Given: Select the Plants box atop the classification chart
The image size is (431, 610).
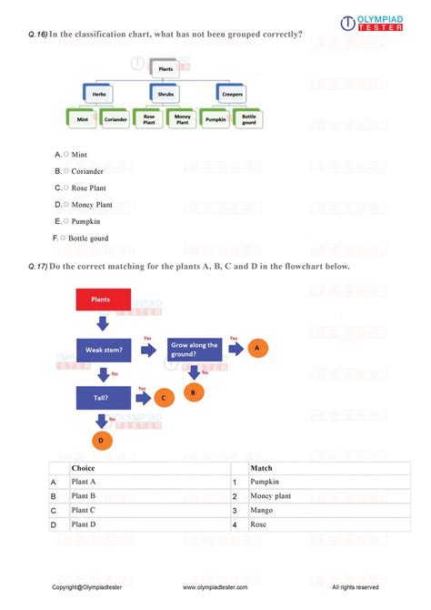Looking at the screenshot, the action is pos(165,68).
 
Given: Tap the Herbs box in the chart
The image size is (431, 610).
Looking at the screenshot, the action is pos(98,93).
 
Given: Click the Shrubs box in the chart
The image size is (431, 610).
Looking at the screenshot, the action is pos(165,93).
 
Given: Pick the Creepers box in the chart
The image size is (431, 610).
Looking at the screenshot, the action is pos(231,93).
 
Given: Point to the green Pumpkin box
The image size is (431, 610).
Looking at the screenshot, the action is pos(215,118).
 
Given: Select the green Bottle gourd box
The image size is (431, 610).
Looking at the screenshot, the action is pos(248,118).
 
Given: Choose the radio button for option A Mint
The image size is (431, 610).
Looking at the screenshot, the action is pos(66,155).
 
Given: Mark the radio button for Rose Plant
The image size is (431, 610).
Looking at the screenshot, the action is pos(66,188).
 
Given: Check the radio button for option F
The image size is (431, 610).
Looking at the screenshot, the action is pos(66,238).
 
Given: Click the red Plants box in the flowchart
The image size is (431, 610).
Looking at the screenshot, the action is pos(99,299).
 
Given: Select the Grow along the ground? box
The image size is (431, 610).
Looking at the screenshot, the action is pos(193,350).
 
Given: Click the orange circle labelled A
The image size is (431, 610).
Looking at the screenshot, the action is pos(258,348).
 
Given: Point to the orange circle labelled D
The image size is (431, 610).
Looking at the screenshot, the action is pos(101,440).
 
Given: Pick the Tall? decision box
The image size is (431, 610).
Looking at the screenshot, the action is pos(101,397).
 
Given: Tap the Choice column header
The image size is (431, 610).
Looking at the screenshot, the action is pos(83,468).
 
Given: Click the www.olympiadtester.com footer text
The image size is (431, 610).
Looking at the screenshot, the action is pos(215,587).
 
